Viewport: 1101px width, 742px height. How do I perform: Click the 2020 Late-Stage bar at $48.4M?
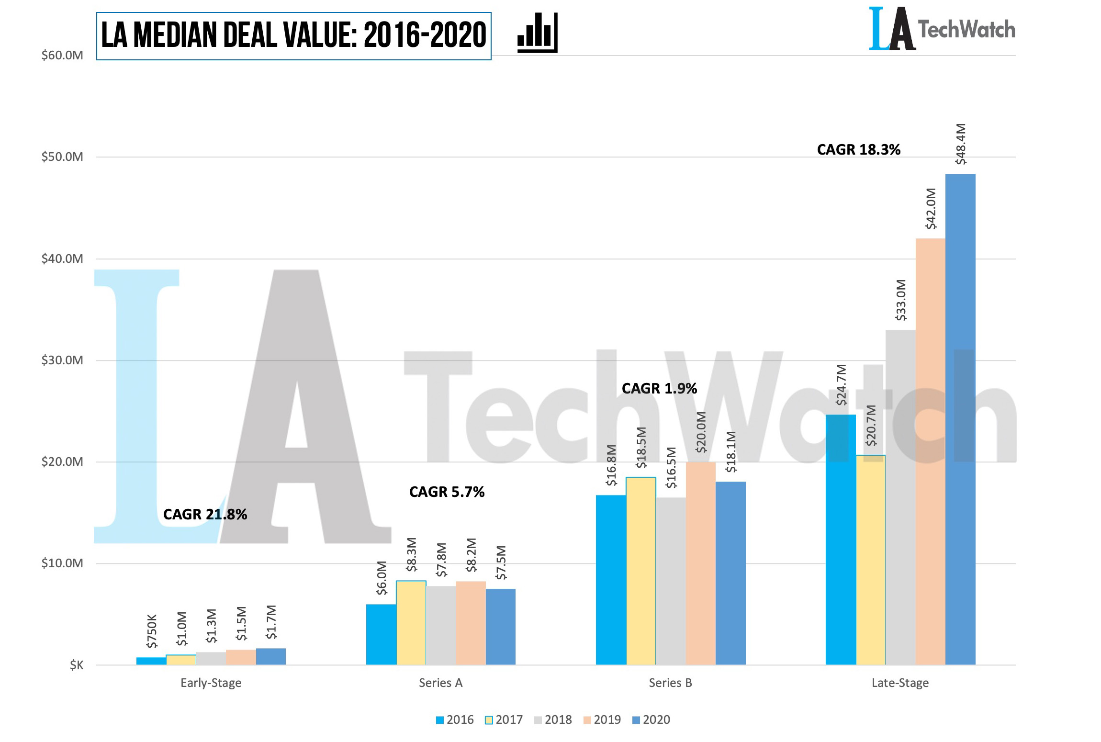click(960, 419)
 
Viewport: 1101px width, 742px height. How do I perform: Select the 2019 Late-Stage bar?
click(930, 451)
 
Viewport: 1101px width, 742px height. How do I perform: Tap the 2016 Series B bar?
click(611, 580)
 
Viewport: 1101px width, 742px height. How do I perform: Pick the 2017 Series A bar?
click(411, 623)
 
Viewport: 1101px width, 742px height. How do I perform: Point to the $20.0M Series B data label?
click(701, 432)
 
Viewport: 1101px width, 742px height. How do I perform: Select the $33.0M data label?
click(901, 300)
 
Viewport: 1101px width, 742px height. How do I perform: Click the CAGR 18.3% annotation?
click(858, 150)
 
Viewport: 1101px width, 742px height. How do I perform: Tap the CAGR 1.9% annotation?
click(659, 388)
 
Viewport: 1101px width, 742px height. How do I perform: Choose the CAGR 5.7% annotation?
click(447, 492)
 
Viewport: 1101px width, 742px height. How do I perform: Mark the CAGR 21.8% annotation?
click(205, 515)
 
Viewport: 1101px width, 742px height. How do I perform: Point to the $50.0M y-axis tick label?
click(62, 157)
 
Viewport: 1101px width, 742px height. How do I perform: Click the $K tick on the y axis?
click(77, 665)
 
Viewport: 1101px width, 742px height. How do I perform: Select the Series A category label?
click(440, 683)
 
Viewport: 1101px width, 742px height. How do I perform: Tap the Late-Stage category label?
click(900, 683)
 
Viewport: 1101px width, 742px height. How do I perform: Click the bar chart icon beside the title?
click(537, 33)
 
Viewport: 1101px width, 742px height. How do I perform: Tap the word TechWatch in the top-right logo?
click(966, 30)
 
